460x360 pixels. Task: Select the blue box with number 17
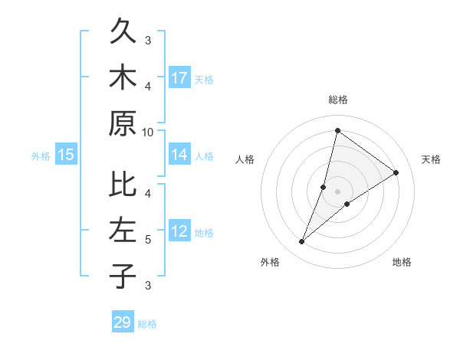point(179,78)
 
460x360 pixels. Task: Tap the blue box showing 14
point(179,155)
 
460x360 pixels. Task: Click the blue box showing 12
point(179,232)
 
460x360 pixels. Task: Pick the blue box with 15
point(66,155)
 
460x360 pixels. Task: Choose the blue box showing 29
point(123,322)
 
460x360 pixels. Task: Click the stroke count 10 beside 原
point(148,132)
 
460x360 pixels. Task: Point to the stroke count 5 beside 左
point(148,240)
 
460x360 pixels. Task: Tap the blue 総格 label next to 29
point(147,324)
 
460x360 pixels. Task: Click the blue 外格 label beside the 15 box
point(41,156)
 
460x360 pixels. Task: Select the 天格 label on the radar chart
point(431,159)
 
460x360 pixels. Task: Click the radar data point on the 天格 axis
point(396,172)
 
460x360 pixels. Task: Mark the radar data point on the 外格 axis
point(302,242)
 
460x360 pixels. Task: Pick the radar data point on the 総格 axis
point(337,130)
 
